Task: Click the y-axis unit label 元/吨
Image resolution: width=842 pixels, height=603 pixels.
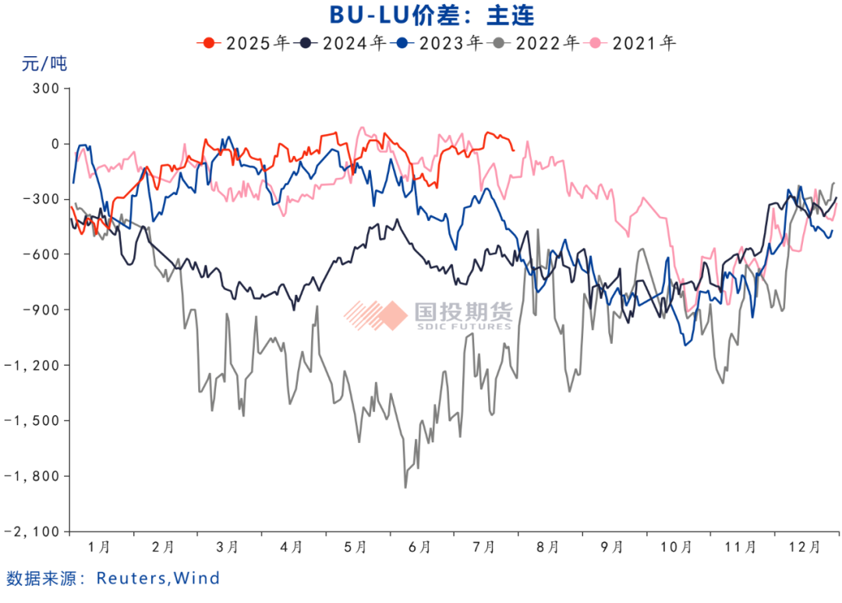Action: point(44,65)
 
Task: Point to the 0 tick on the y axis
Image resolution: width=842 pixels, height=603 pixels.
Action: point(55,144)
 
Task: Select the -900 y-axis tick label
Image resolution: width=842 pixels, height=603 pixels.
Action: point(43,310)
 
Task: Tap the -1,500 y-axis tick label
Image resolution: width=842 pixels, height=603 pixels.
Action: point(36,420)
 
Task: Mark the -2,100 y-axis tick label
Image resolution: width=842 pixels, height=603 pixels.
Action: point(36,531)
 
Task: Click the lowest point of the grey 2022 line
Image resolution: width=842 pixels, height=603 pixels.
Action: point(405,488)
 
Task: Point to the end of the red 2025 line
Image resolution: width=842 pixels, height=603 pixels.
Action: point(513,150)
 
